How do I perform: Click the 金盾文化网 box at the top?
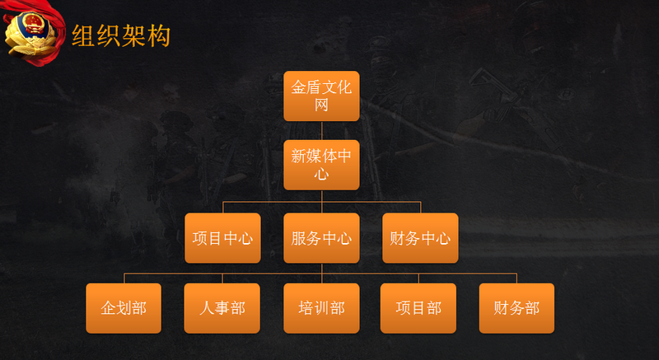[x=321, y=96]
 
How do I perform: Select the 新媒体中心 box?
[x=321, y=166]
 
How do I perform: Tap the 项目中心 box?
[x=222, y=239]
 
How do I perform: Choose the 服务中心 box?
[x=321, y=239]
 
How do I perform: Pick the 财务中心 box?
[x=420, y=239]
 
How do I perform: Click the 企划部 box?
[x=124, y=308]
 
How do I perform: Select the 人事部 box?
[x=222, y=308]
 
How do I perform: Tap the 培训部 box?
[x=321, y=308]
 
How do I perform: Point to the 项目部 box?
[x=418, y=308]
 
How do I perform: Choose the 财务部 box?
[x=516, y=308]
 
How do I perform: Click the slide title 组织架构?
[x=120, y=36]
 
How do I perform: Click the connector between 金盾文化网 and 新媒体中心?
[x=321, y=131]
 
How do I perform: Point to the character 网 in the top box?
[x=321, y=105]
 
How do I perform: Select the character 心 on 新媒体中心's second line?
[x=321, y=175]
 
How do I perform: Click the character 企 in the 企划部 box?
[x=108, y=308]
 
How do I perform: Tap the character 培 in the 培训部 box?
[x=306, y=308]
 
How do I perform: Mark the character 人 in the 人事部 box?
[x=207, y=308]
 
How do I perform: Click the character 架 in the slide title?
[x=133, y=36]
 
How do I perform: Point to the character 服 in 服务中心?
[x=299, y=239]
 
